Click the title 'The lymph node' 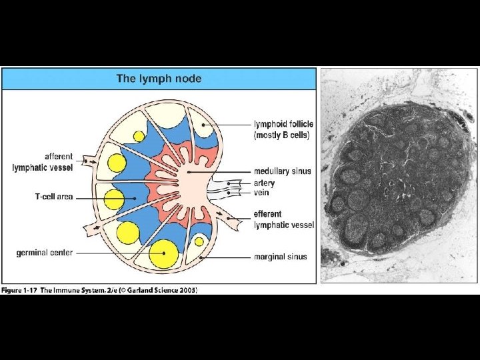159,79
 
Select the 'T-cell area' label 53,197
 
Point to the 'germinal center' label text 44,253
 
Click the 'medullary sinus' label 282,171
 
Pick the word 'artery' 264,183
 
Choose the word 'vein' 261,193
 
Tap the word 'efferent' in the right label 268,215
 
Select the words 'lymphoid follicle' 283,124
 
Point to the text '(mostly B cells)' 281,135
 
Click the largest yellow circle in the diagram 163,254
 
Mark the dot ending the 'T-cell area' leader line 135,197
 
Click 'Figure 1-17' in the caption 21,290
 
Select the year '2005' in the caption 187,290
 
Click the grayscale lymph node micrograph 399,177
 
